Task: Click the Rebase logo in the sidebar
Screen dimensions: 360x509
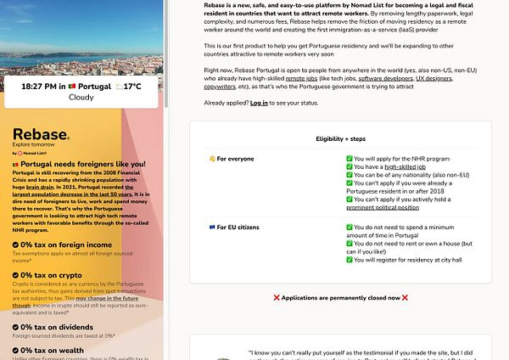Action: coord(39,137)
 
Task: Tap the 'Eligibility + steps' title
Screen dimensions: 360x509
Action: coord(340,138)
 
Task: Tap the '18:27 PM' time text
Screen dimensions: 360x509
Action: coord(37,87)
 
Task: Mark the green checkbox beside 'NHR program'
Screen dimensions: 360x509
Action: coord(350,159)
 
